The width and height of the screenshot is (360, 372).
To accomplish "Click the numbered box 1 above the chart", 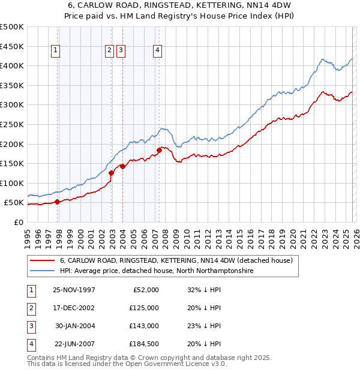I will pos(55,51).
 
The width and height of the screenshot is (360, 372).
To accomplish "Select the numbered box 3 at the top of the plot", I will pos(121,51).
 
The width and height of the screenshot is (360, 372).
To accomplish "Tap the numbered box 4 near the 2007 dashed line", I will pos(157,51).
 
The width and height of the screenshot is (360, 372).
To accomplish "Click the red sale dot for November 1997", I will pos(57,202).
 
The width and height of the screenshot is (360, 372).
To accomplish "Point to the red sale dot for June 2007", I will pos(159,150).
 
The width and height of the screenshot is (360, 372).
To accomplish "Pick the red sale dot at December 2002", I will pos(112,173).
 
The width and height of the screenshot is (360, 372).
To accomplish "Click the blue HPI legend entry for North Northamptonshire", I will pos(157,271).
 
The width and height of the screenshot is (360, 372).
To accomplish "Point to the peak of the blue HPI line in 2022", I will pos(323,59).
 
